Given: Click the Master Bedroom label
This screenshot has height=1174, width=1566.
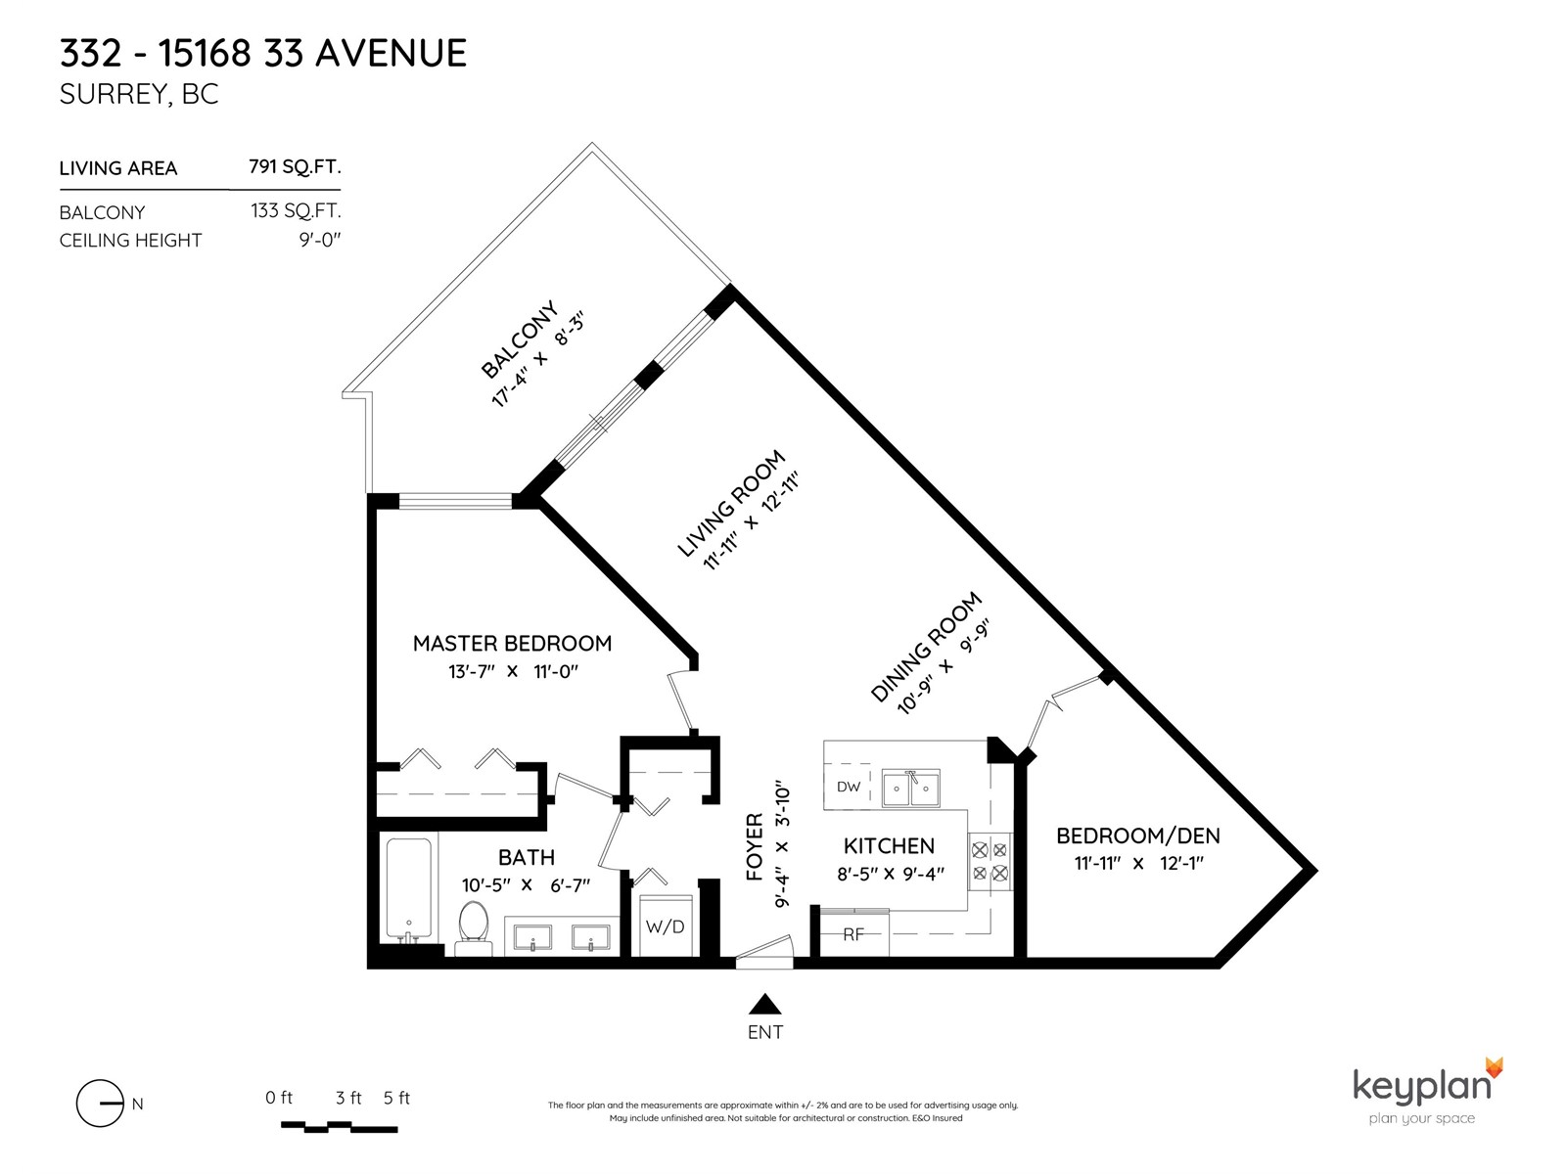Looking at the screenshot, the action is pos(512,643).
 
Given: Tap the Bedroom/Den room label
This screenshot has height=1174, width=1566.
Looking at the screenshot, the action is pos(1138,835).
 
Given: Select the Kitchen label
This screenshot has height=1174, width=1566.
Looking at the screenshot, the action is pos(889,846).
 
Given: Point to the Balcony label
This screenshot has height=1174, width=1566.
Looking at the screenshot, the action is pos(520,339).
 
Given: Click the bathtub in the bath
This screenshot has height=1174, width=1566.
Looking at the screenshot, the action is pos(409,888).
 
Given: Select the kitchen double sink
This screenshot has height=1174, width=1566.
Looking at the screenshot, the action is pos(911,789).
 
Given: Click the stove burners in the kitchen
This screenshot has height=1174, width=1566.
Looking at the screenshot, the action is pos(990,861).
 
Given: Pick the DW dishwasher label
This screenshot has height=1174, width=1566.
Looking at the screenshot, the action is pos(849,787).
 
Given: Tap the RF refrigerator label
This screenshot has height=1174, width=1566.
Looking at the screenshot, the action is pos(853,934).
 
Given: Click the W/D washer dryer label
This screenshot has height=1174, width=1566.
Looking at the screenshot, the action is pos(665,926).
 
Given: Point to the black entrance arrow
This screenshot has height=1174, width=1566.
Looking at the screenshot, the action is pos(764,1004).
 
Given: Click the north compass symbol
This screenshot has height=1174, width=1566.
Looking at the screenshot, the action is pos(101,1104).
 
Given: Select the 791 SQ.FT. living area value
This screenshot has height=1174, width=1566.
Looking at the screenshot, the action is pos(295,166).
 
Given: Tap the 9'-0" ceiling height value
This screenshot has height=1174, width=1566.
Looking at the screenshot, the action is pos(320,240).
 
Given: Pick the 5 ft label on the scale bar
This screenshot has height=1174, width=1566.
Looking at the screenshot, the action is pos(396,1098).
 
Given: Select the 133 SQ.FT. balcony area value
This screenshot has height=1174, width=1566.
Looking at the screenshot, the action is pos(297,211).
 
